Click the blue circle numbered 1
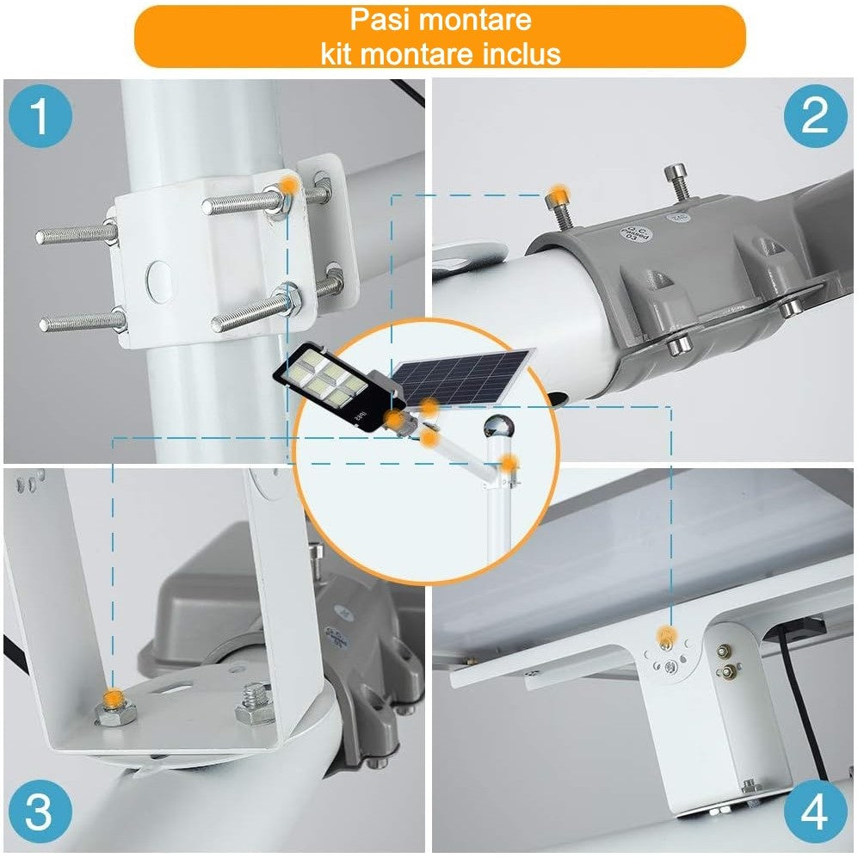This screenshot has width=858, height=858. coord(40,119)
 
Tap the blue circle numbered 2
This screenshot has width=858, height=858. coord(813,115)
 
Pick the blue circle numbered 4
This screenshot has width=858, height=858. coord(813,812)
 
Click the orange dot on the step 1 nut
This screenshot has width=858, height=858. coord(291,185)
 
